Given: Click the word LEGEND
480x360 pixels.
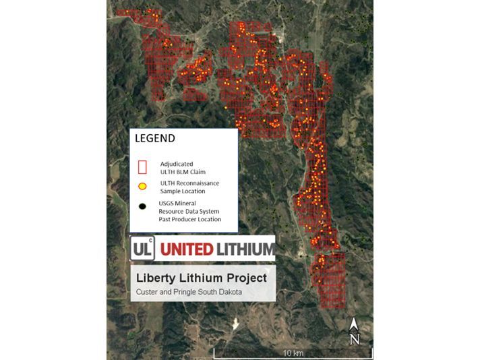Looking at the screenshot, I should tap(155, 139).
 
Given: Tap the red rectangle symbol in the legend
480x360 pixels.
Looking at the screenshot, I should tap(142, 167).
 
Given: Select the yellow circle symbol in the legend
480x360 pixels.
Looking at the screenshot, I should tap(142, 186).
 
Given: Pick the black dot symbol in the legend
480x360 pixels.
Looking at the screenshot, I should tap(142, 206).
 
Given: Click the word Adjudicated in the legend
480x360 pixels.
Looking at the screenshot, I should tap(177, 163).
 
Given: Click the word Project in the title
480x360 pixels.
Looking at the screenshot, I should tap(245, 278).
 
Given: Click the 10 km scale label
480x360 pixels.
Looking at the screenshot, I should tap(291, 353).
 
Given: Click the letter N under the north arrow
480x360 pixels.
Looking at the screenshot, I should tap(355, 340).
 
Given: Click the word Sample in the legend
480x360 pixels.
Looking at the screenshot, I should tap(172, 191).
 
